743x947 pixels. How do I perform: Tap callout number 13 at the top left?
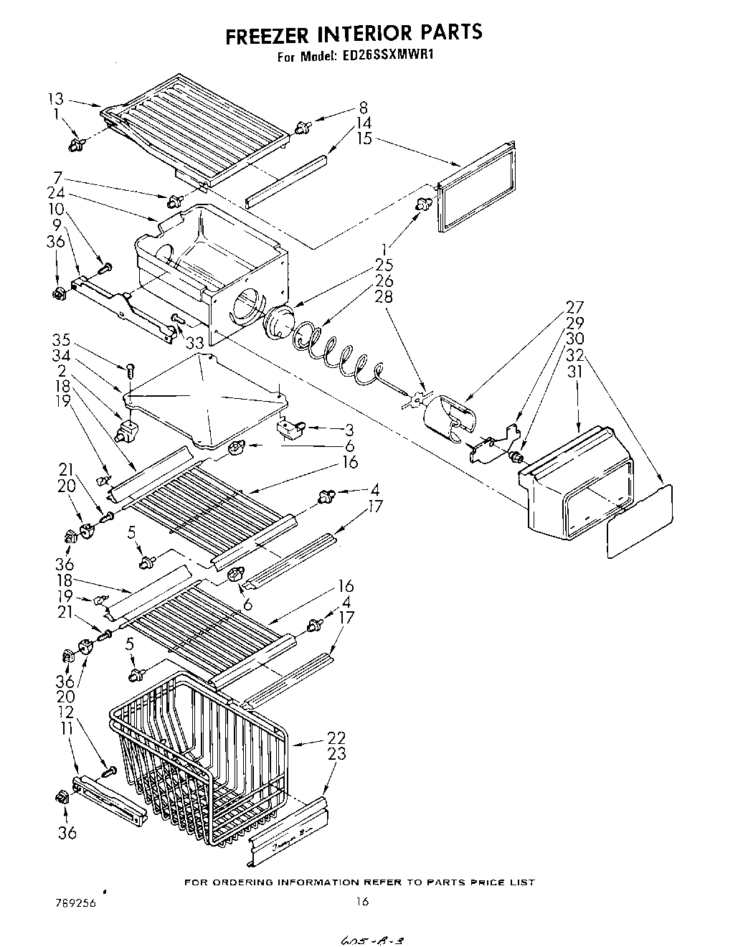pyautogui.click(x=56, y=100)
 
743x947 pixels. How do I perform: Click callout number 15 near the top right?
pyautogui.click(x=364, y=138)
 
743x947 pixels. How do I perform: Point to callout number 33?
pyautogui.click(x=195, y=343)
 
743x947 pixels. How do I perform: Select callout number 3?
pyautogui.click(x=349, y=430)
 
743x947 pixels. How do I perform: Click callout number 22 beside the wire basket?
pyautogui.click(x=336, y=738)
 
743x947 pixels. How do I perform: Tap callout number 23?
pyautogui.click(x=336, y=754)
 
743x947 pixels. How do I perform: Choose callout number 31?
pyautogui.click(x=575, y=372)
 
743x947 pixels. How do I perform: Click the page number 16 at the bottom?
pyautogui.click(x=363, y=902)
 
